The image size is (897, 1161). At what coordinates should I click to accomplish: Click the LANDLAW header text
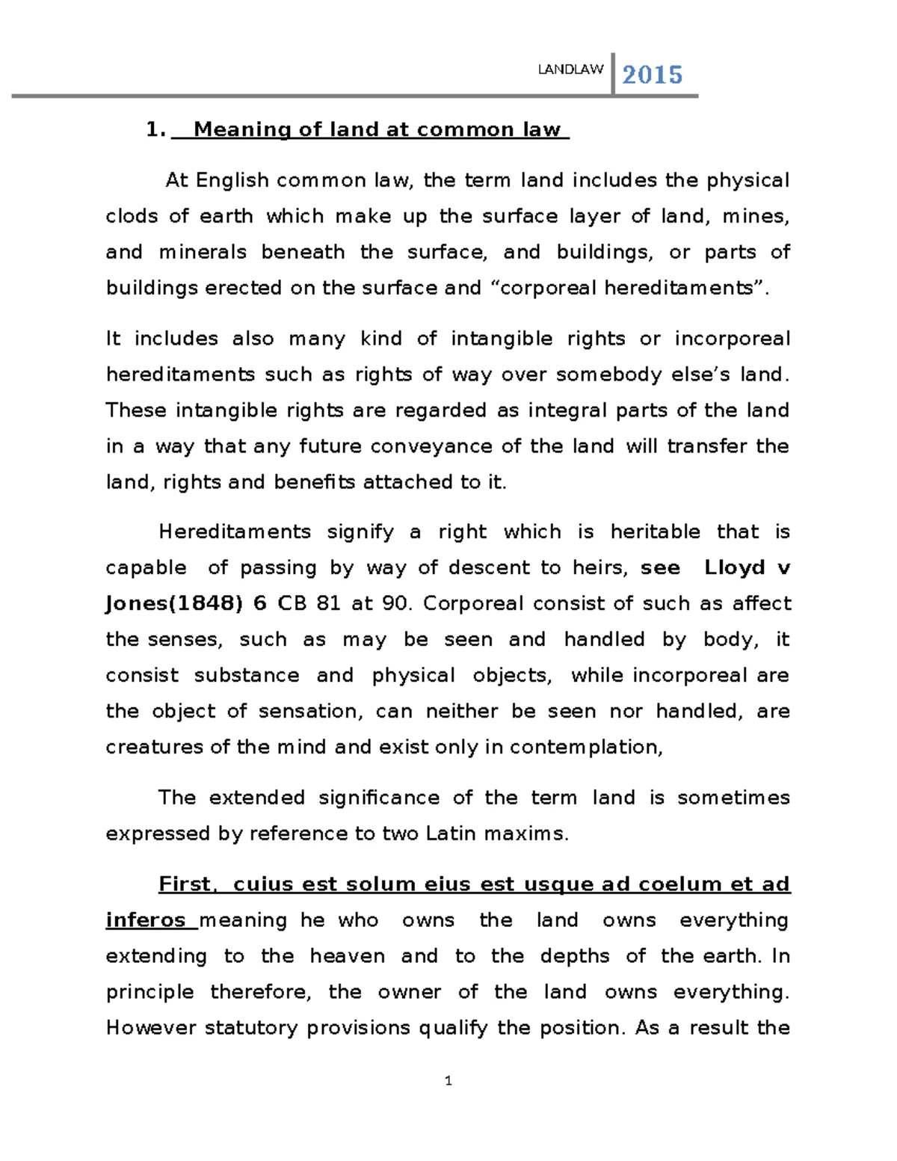[x=570, y=70]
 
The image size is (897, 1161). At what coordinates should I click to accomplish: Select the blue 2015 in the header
[x=653, y=75]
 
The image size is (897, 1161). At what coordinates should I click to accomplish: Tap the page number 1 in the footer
[x=449, y=1081]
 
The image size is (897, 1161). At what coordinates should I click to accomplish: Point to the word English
[x=232, y=181]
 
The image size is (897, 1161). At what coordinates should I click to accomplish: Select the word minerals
[x=203, y=253]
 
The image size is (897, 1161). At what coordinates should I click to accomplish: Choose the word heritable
[x=656, y=532]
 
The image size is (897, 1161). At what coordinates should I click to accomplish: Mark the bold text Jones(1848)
[x=174, y=604]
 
